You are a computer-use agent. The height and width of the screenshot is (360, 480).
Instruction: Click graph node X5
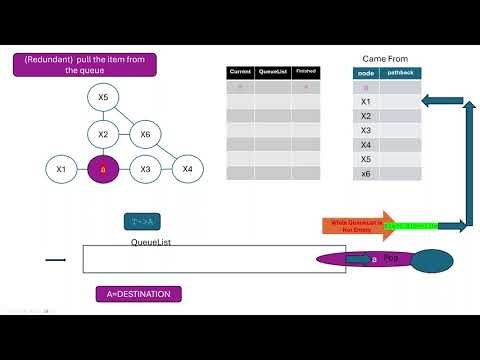click(103, 98)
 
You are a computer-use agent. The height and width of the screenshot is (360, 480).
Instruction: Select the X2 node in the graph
click(103, 134)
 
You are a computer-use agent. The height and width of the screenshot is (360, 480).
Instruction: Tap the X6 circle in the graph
click(145, 134)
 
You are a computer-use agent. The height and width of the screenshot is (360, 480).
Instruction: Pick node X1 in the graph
click(61, 169)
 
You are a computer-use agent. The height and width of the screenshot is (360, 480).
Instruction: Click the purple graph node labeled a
click(103, 169)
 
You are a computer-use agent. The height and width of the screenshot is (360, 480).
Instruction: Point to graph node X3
click(145, 169)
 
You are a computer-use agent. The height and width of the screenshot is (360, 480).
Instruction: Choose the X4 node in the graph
click(187, 169)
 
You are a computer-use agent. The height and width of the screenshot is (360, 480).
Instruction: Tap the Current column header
click(240, 72)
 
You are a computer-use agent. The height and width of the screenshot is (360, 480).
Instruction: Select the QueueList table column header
click(273, 72)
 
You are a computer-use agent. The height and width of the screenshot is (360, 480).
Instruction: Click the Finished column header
click(305, 72)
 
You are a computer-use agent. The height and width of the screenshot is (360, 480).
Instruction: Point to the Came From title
click(387, 59)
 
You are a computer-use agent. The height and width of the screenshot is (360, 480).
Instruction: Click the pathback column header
click(400, 73)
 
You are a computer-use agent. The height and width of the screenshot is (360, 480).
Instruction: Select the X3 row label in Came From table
click(366, 130)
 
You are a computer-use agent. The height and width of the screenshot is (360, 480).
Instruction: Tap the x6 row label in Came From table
click(366, 173)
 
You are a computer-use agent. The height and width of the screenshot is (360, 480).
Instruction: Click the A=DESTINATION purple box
click(139, 294)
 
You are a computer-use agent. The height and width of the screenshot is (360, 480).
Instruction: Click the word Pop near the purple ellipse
click(391, 258)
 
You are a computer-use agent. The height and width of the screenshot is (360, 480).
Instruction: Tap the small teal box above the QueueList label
click(143, 221)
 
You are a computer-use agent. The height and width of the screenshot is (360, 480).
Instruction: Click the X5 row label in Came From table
click(366, 159)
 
